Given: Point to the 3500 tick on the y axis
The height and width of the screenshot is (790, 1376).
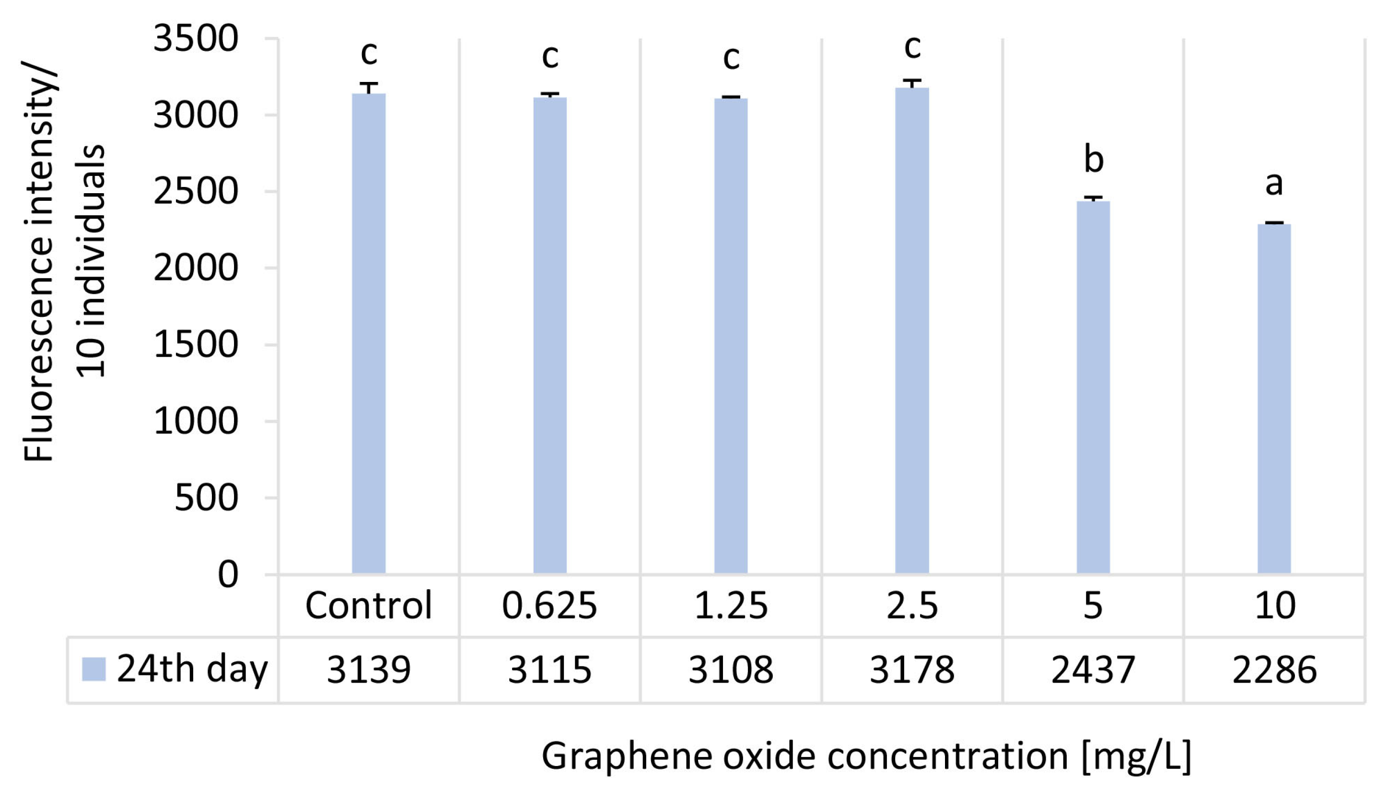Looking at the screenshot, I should (x=195, y=39).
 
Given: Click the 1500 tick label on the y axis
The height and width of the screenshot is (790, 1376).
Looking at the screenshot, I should (x=195, y=345).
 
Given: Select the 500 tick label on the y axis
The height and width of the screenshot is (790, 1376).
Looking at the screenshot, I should (x=206, y=498).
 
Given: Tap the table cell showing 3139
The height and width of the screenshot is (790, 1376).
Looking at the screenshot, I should (x=369, y=670).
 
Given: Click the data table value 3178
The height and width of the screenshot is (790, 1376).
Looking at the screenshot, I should (x=912, y=670).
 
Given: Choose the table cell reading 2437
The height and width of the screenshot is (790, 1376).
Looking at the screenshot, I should (x=1093, y=670).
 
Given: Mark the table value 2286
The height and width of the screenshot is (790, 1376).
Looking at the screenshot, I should (x=1274, y=670).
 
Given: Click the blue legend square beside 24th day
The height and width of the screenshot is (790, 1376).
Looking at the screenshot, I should (x=93, y=669).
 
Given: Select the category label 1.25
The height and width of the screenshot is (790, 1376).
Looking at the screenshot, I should (x=731, y=605).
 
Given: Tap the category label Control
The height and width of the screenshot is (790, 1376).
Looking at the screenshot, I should (x=369, y=605).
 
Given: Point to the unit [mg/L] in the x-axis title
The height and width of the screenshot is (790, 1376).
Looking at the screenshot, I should (x=1136, y=756).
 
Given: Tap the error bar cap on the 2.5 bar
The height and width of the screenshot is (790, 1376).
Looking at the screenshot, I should (x=912, y=81).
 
